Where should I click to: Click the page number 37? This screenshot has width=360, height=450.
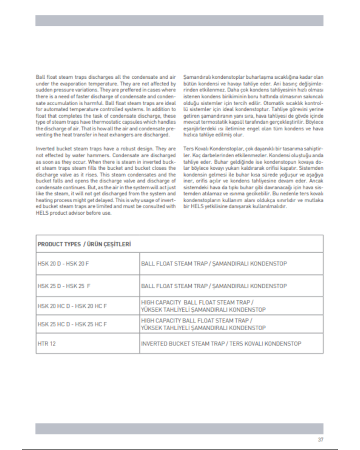pos(321,440)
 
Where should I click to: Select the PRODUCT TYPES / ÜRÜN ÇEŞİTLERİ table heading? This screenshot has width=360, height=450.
pos(84,244)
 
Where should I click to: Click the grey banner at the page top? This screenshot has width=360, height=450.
pos(180,21)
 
